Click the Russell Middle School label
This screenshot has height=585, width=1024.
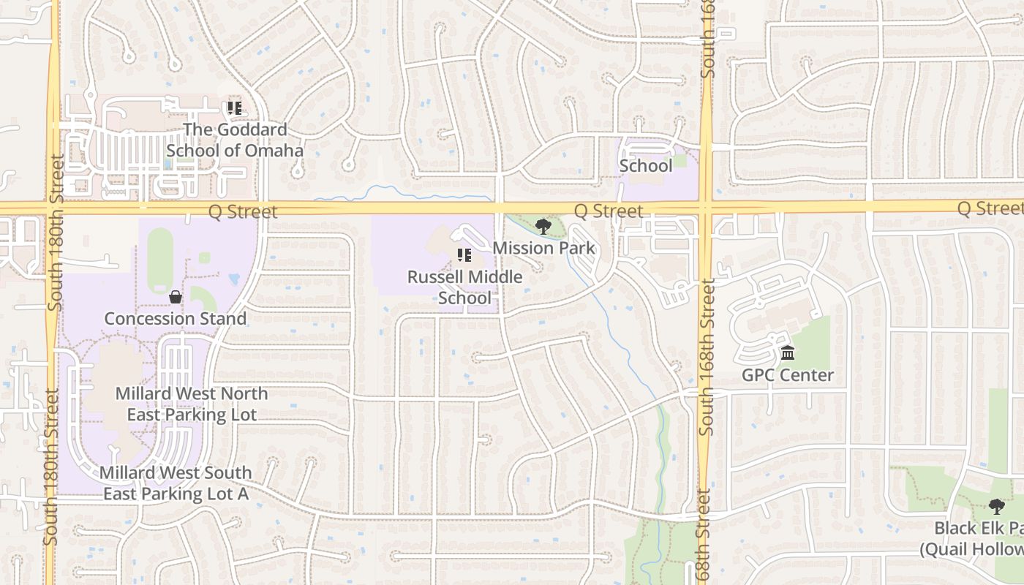(464, 287)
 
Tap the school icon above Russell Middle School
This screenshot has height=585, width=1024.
(464, 255)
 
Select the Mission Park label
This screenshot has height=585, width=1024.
(543, 248)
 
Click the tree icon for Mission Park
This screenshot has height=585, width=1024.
(543, 227)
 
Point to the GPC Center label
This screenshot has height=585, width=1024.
(788, 375)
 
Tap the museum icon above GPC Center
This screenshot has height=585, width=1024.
(788, 354)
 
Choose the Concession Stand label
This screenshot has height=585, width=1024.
(175, 319)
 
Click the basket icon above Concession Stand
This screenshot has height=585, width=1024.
(176, 297)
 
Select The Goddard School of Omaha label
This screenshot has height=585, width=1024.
(234, 140)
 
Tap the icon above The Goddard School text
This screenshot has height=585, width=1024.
(235, 109)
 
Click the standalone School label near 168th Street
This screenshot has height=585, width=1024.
(645, 166)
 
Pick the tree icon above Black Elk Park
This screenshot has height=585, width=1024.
(996, 506)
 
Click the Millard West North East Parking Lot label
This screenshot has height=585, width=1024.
(192, 404)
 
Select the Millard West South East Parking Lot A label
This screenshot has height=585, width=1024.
(176, 483)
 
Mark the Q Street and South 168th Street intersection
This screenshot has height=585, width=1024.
(706, 208)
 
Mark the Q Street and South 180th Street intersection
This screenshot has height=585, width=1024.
(53, 208)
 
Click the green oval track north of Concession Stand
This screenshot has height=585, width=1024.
(160, 260)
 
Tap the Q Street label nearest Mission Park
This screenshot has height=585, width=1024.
(608, 211)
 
